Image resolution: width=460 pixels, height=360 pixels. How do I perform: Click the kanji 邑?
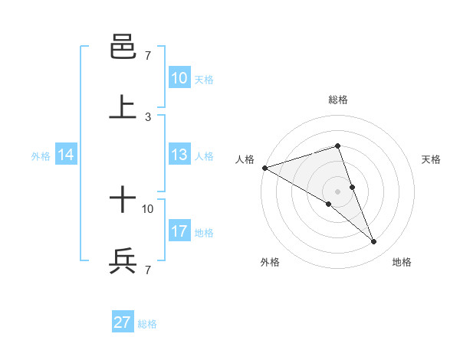point(123,47)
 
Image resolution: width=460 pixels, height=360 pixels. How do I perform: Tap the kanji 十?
point(123,201)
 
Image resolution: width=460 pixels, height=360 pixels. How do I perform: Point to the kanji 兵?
point(123,262)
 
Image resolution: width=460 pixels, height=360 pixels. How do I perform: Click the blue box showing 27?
point(123,322)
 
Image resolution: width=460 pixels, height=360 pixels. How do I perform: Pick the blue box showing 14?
point(66,155)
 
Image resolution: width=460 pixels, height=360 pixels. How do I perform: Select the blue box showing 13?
point(179,155)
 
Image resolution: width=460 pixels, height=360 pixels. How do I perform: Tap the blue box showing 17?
point(179,231)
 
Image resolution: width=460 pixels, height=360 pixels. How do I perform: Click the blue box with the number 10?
point(179,78)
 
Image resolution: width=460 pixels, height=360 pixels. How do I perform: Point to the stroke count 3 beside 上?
point(148,117)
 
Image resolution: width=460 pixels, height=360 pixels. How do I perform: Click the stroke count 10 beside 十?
point(148,208)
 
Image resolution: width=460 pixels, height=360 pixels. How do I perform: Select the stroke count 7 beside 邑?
point(148,56)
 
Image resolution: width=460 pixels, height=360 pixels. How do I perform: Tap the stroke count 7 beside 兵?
point(148,270)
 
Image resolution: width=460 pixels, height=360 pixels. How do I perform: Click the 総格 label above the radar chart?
point(338,100)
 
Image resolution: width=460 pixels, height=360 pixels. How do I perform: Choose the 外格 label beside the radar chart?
point(269,262)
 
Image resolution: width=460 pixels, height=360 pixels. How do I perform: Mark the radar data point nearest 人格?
point(264,167)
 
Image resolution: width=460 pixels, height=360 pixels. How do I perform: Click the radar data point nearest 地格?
point(374,242)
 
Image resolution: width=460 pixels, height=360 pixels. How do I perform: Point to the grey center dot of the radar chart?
point(338,191)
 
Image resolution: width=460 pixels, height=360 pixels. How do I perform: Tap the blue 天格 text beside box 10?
point(204,80)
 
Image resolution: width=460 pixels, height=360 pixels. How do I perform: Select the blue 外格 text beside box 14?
point(41,156)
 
